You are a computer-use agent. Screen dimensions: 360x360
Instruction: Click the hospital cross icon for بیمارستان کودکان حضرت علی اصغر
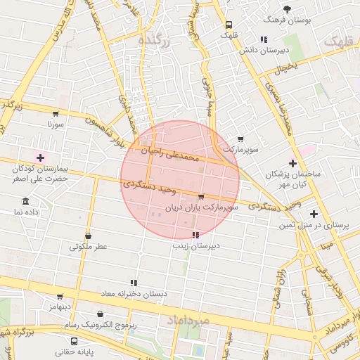click(x=40, y=157)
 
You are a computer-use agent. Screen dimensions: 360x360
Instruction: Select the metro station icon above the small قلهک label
click(x=227, y=24)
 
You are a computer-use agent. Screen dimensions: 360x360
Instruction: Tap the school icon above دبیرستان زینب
click(x=195, y=235)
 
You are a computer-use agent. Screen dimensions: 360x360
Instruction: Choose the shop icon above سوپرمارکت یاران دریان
click(x=202, y=197)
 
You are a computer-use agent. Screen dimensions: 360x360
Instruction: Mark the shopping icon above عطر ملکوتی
click(x=88, y=236)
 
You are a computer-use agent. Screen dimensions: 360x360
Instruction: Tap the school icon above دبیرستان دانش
click(x=263, y=39)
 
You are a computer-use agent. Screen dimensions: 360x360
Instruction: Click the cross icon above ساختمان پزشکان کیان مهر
click(x=293, y=163)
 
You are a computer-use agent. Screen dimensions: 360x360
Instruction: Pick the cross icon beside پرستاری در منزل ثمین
click(x=314, y=214)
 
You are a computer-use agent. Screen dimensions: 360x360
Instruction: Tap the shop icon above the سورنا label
click(x=56, y=112)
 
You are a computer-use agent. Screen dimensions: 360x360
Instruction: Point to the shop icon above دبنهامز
click(x=60, y=297)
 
